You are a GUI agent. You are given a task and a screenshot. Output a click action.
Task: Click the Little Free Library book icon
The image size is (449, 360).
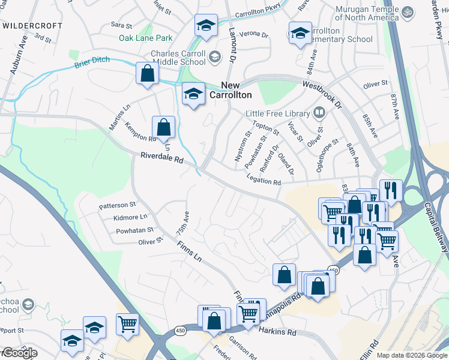319,113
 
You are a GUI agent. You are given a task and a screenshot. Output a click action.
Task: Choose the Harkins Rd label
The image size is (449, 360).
277,331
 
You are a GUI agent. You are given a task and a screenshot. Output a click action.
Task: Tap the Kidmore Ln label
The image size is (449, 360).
130,217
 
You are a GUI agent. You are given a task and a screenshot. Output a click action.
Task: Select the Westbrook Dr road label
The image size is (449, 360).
322,94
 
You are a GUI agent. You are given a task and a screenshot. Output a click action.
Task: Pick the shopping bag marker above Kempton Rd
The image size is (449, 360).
163,127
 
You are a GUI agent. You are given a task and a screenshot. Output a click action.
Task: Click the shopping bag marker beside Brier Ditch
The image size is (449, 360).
147,74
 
